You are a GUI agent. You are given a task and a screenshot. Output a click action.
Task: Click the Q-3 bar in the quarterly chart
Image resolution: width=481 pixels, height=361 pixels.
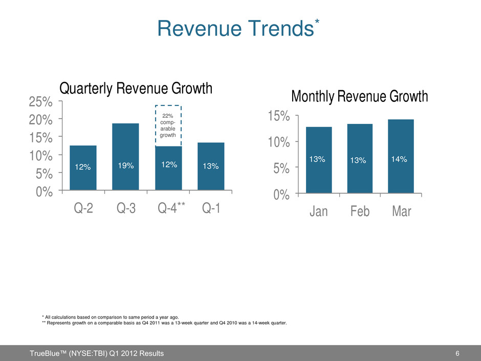pos(125,157)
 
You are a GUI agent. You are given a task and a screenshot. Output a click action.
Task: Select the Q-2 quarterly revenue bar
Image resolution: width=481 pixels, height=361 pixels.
pos(83,168)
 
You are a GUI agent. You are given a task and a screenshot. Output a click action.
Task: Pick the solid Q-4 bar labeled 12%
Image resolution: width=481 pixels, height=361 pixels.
pos(168,168)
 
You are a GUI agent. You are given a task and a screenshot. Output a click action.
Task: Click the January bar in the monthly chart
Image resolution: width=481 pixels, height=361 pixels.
pos(318,160)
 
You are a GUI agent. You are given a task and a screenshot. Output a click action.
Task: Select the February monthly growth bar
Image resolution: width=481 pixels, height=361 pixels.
pos(359,159)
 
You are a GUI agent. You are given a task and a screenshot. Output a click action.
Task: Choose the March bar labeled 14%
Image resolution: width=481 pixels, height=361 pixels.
pos(400,156)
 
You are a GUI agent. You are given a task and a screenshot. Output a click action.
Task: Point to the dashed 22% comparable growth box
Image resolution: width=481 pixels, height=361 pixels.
pos(168,126)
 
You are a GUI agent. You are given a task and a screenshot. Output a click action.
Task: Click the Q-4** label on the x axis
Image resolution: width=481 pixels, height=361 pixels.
pos(170,209)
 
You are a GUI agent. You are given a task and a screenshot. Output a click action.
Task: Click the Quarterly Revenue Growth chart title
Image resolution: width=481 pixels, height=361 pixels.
pos(136,89)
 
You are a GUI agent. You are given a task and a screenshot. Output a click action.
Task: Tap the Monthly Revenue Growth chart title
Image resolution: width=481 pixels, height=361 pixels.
pos(359,96)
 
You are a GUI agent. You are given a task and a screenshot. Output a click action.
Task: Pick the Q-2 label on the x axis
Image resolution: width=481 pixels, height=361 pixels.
pos(84,209)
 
